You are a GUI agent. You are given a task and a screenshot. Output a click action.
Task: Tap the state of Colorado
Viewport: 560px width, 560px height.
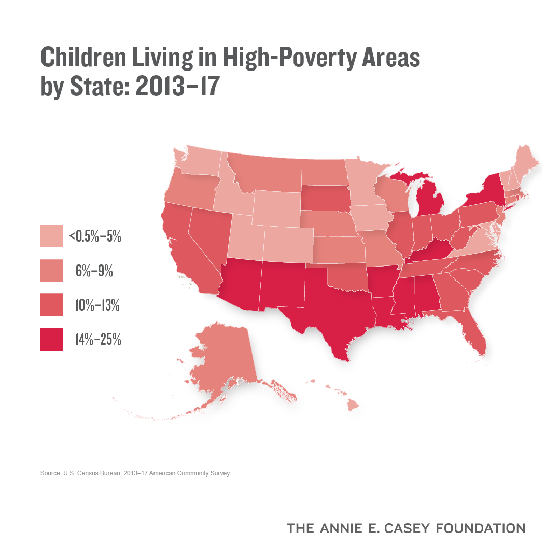pos(288,244)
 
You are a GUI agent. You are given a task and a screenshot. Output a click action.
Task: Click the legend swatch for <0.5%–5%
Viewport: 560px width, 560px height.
pos(51,236)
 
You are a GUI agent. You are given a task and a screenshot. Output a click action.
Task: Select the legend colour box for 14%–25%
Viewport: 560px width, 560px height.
pos(51,339)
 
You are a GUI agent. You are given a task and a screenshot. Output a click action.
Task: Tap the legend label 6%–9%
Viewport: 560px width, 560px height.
pos(94,271)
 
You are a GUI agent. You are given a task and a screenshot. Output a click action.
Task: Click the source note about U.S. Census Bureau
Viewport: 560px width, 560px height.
pos(135,473)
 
